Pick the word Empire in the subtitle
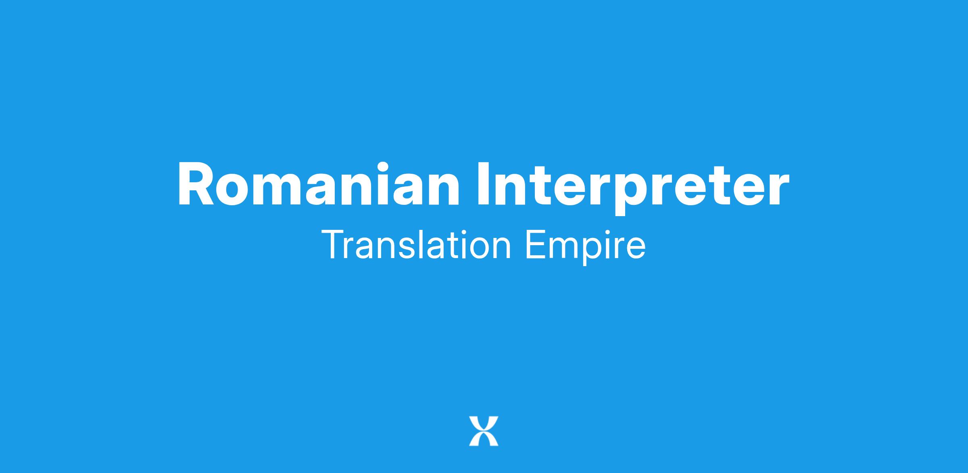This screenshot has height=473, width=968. (585, 248)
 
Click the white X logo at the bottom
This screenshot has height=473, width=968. (484, 431)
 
